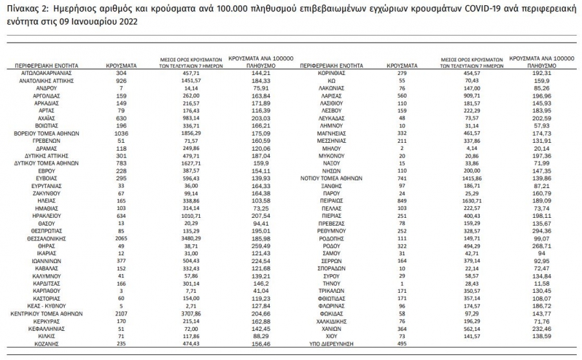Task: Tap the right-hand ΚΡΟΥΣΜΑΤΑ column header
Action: (401, 66)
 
